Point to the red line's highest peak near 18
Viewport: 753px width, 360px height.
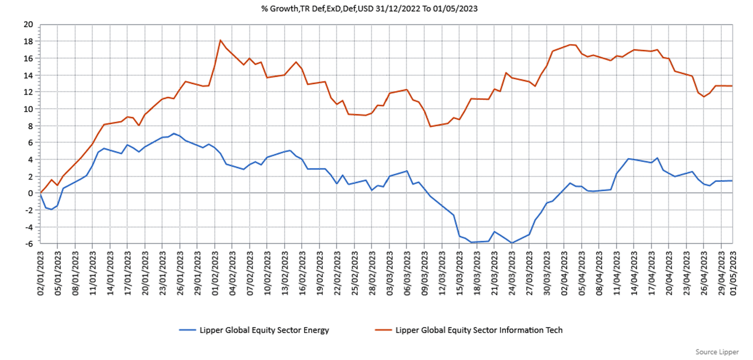(220, 40)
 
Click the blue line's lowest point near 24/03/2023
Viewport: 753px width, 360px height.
(512, 243)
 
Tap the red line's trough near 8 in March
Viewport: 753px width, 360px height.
(431, 126)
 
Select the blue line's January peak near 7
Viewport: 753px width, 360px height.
(174, 133)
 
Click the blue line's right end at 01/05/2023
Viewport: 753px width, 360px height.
(732, 181)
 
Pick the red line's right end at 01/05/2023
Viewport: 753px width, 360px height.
(732, 86)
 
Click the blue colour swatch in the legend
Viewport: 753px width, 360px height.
(195, 330)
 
